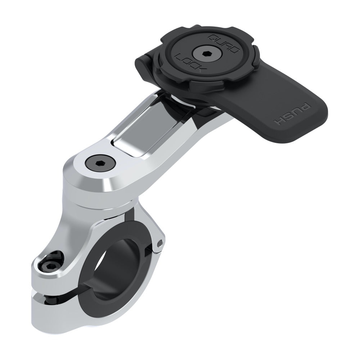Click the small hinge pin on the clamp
pos(159,244)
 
